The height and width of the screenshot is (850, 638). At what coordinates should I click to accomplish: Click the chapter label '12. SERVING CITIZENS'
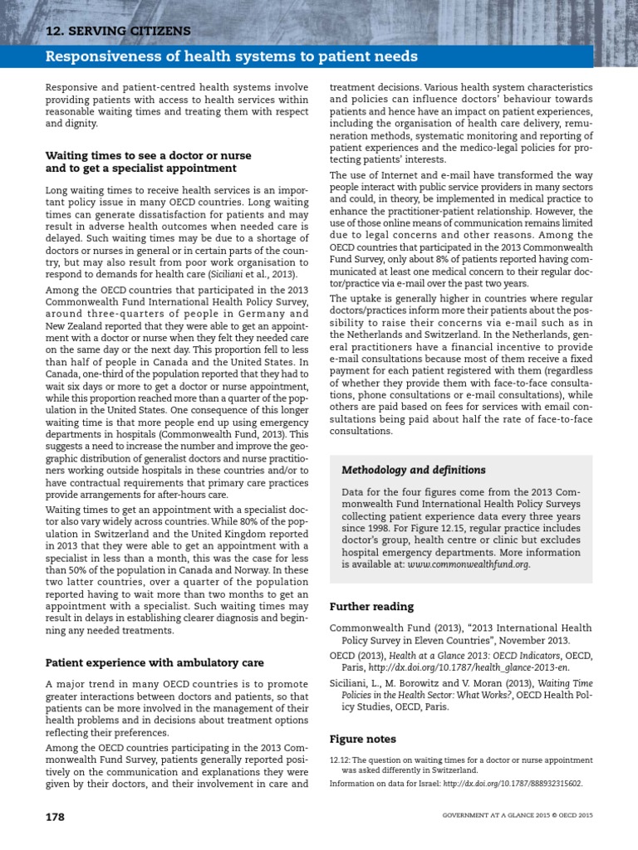[118, 32]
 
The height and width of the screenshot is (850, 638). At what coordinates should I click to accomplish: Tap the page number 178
[55, 817]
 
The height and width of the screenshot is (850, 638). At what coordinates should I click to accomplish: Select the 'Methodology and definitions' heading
[415, 470]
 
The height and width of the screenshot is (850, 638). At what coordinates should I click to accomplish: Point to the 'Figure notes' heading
[363, 739]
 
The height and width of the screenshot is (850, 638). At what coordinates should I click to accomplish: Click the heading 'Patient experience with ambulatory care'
[155, 662]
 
